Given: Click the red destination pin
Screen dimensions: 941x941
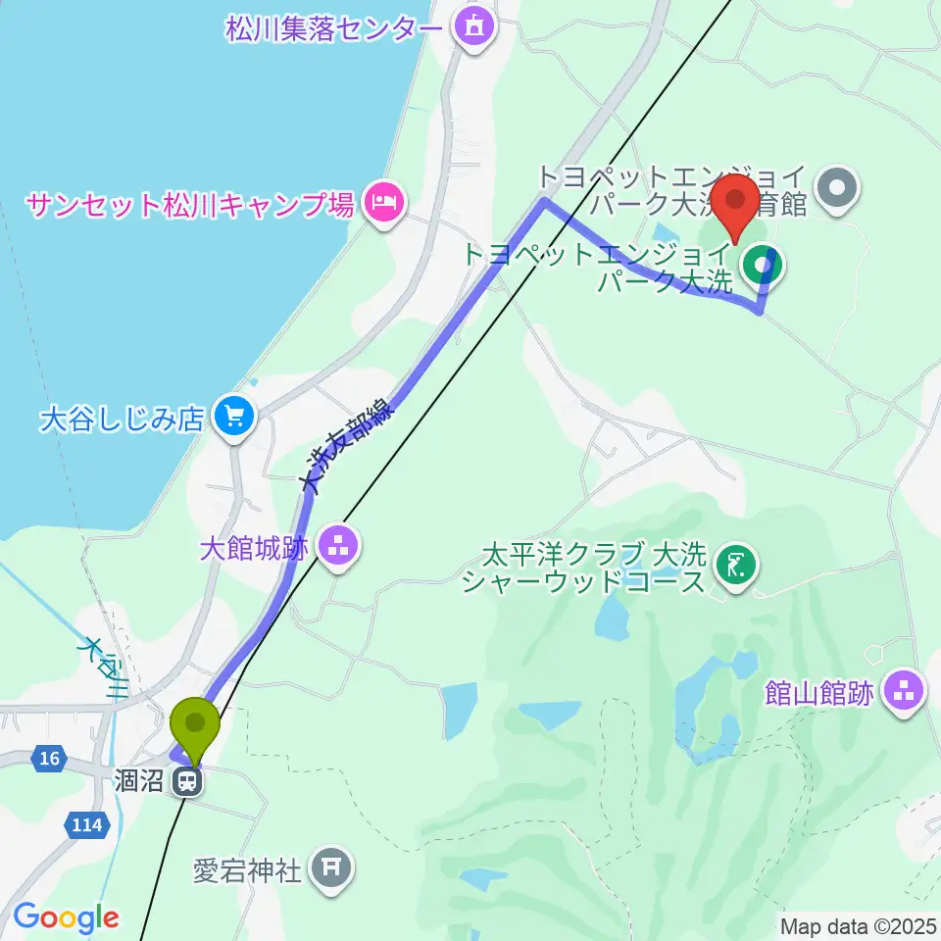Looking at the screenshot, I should click(735, 202).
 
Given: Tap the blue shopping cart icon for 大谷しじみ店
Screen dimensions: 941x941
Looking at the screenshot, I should click(233, 419).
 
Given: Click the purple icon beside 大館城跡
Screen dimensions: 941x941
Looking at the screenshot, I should click(337, 547).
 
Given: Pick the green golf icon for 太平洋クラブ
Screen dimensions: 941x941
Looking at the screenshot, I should click(736, 567).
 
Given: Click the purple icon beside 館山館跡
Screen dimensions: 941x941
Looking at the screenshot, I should click(903, 693).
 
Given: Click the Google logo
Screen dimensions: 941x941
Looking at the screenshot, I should click(66, 918).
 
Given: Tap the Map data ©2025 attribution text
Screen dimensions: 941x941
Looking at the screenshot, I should click(859, 924).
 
